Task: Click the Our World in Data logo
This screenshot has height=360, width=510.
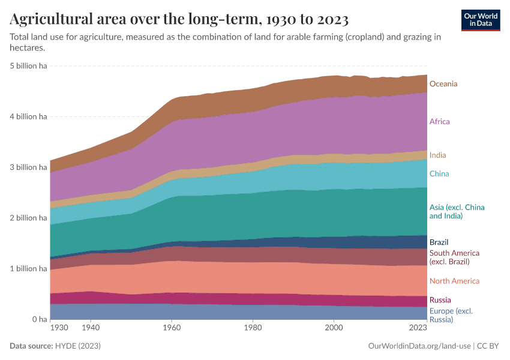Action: click(x=481, y=20)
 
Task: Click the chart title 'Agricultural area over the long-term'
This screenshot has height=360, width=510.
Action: click(x=179, y=20)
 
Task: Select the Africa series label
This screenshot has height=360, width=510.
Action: click(x=439, y=122)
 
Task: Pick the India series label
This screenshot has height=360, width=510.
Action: click(x=437, y=155)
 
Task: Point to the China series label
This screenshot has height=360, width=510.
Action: click(x=439, y=174)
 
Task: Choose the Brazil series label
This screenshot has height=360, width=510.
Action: click(x=439, y=242)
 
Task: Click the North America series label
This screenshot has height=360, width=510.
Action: click(x=454, y=281)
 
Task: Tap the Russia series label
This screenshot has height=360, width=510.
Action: click(x=440, y=300)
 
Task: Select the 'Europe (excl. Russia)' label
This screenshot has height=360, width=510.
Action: click(x=451, y=316)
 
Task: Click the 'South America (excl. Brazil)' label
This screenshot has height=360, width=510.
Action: click(x=454, y=257)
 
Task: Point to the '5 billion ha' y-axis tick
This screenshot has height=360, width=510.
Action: click(x=28, y=66)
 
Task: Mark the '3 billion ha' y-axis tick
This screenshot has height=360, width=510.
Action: click(x=28, y=167)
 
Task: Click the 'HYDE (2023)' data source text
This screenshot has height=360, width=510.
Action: click(x=78, y=346)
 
